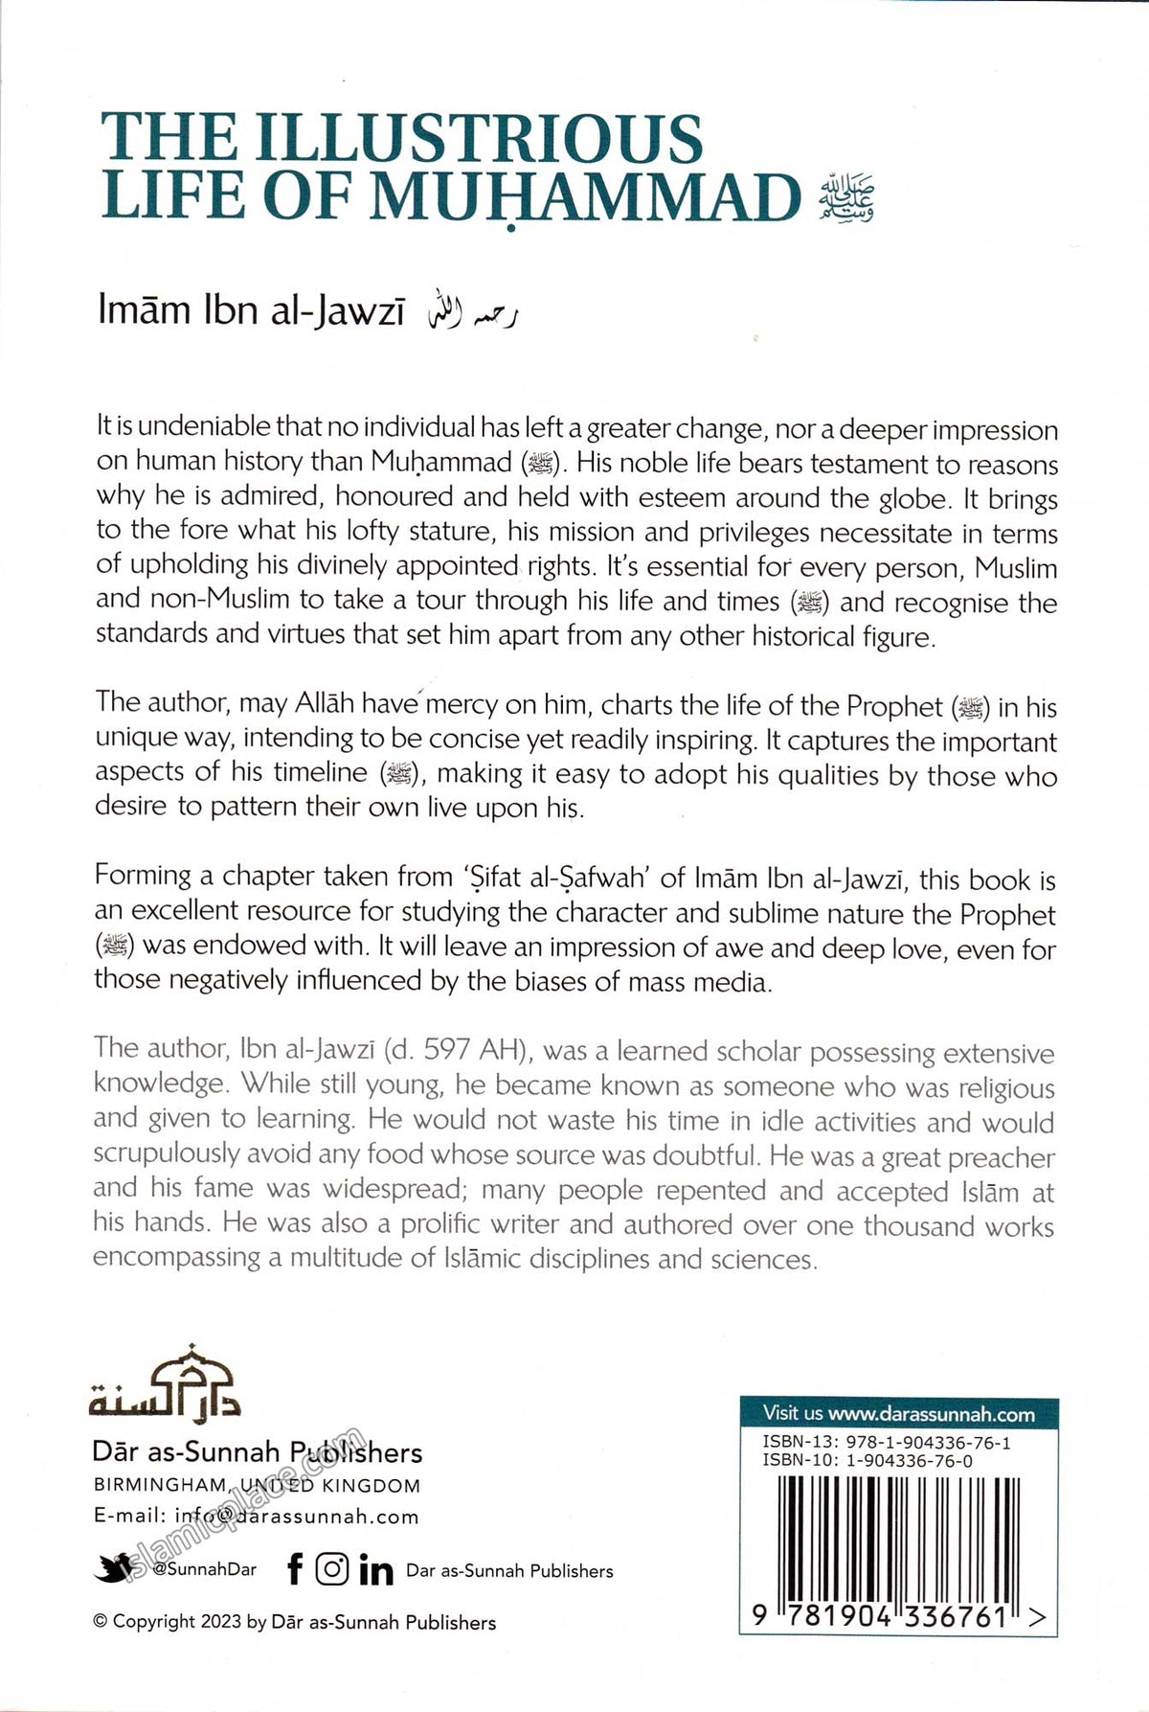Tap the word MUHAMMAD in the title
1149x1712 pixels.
click(585, 197)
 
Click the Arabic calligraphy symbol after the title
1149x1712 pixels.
click(846, 199)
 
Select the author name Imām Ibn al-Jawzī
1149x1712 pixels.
click(251, 311)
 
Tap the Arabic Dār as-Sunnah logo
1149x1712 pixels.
click(165, 1382)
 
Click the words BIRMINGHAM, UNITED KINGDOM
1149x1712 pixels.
click(257, 1486)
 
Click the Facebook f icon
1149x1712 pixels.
click(295, 1568)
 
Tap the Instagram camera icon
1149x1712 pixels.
click(332, 1568)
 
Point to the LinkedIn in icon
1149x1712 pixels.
click(375, 1569)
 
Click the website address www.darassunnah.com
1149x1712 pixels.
click(931, 1414)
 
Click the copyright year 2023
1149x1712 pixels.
click(220, 1622)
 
